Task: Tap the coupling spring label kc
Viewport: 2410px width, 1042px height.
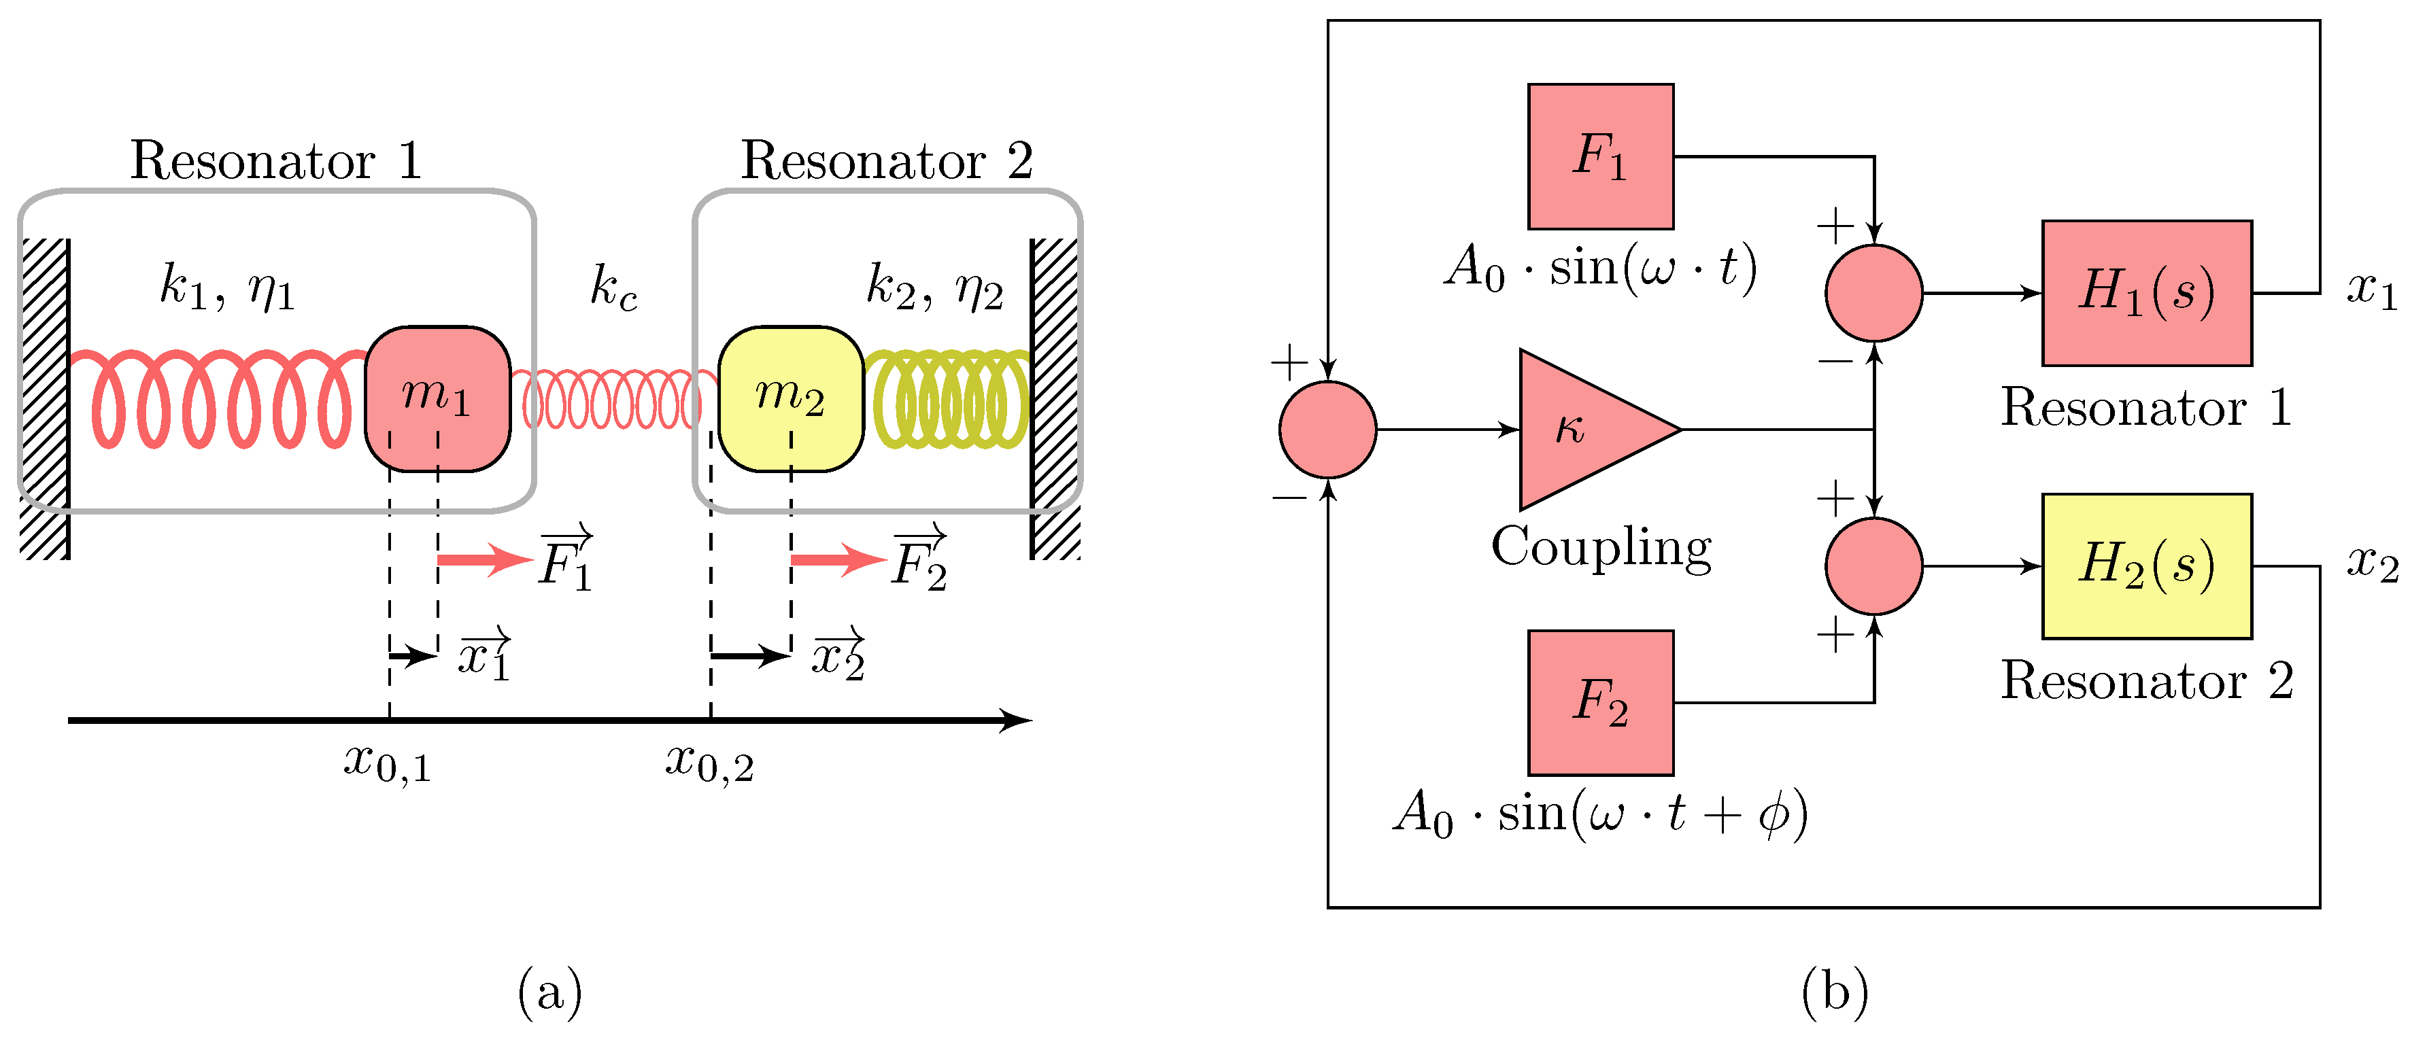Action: click(614, 286)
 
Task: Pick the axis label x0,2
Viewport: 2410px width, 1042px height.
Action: click(709, 763)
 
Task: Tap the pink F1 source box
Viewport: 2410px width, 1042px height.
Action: click(1600, 156)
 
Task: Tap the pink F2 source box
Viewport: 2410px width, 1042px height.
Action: click(1600, 702)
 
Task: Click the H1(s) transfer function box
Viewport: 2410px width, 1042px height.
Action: click(2146, 293)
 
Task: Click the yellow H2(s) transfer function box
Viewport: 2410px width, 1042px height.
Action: click(2146, 566)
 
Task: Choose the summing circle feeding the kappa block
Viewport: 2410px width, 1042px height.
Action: click(1327, 430)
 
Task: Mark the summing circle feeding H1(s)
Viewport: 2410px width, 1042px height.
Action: click(1874, 293)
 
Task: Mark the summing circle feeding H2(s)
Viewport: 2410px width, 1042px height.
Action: click(1874, 566)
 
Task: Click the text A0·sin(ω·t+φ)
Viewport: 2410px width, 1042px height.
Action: click(1600, 813)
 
